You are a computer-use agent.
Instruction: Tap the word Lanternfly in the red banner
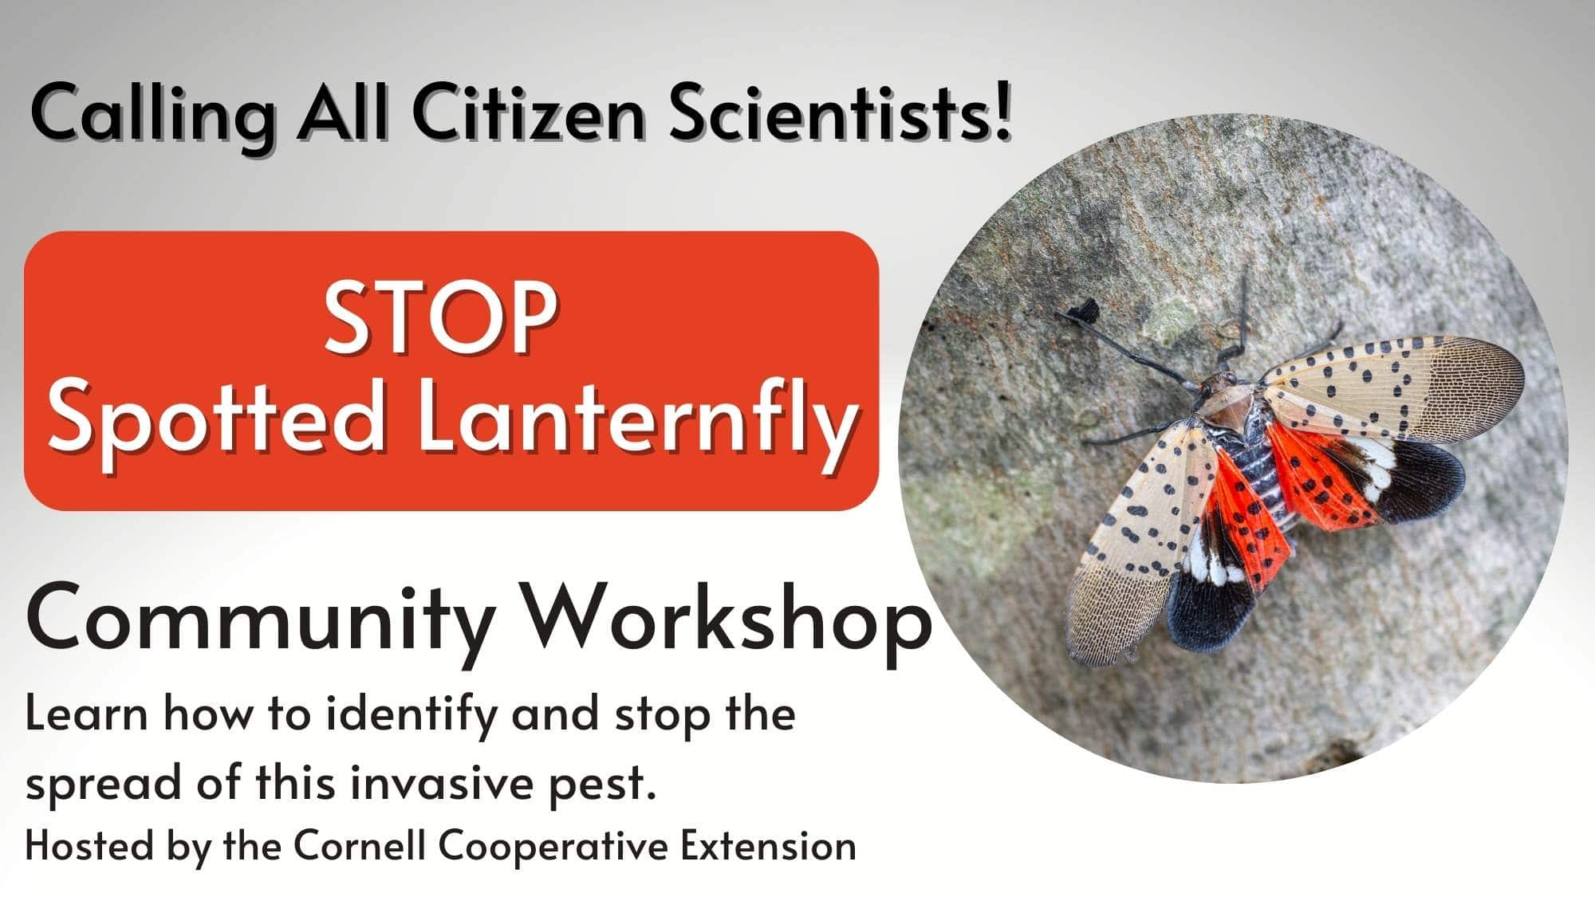point(637,423)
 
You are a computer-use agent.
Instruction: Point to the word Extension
point(768,846)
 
